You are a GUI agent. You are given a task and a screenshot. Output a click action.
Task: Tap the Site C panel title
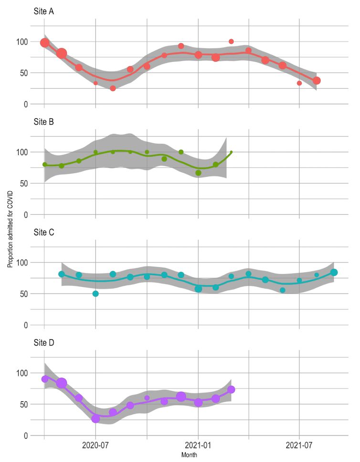[x=44, y=232]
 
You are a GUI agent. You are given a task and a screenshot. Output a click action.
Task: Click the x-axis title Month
[x=189, y=456]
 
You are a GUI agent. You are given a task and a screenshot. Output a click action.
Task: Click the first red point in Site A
[x=45, y=43]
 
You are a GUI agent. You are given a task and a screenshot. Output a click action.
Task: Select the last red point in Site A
[x=317, y=81]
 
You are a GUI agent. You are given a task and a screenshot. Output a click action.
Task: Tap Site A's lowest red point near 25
[x=113, y=88]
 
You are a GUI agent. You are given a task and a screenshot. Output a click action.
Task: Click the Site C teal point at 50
[x=95, y=294]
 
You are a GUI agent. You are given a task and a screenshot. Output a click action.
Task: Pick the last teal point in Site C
[x=334, y=273]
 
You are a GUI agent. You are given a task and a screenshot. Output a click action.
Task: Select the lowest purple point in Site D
[x=95, y=419]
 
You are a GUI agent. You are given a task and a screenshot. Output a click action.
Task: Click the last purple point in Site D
[x=231, y=389]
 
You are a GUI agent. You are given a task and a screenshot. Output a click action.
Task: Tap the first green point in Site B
[x=45, y=164]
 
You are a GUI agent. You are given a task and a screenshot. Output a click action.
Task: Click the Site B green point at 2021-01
[x=198, y=173]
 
